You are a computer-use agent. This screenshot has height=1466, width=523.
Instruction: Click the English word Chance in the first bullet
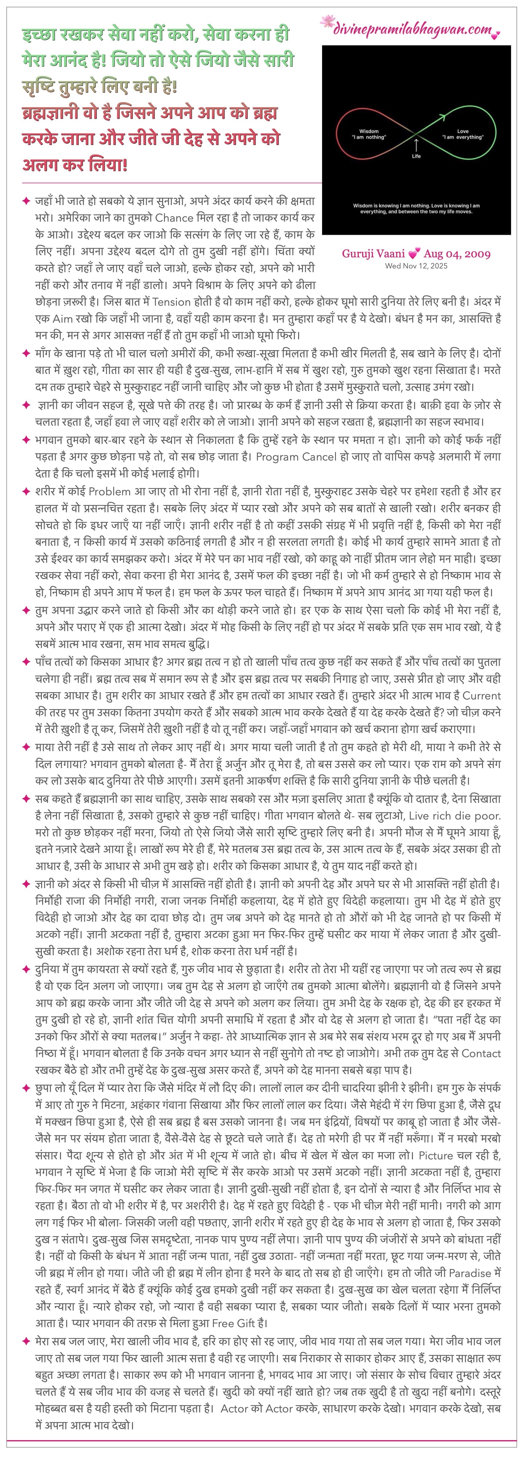point(174,217)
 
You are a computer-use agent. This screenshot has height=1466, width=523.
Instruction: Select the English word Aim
point(62,319)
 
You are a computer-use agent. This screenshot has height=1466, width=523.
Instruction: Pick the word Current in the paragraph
point(481,695)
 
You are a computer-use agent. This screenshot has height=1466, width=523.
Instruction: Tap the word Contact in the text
point(481,1053)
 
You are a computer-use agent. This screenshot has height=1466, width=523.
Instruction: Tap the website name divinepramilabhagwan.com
point(412,30)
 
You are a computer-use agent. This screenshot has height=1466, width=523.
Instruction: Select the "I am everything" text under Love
point(463,137)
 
